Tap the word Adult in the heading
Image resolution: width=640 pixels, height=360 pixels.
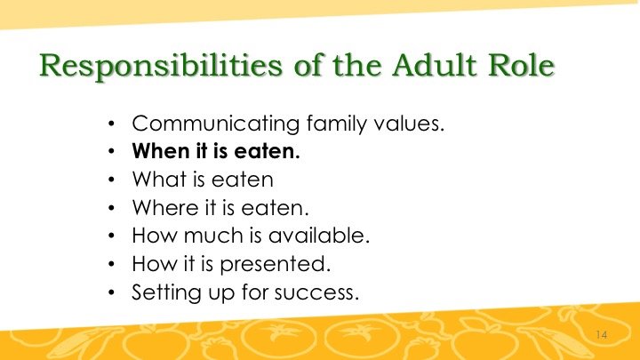(x=435, y=65)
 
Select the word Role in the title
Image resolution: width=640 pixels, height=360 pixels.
(x=521, y=65)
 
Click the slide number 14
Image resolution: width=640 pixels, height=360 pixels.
(x=602, y=335)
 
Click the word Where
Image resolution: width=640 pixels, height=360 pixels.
(x=165, y=207)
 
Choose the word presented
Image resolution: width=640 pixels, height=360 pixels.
(x=275, y=265)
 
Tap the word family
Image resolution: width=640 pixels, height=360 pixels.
(x=337, y=124)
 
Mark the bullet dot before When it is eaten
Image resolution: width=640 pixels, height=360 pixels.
(x=112, y=152)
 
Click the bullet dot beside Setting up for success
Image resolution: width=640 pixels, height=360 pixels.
(x=112, y=292)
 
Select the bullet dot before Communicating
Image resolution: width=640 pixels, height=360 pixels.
(x=112, y=124)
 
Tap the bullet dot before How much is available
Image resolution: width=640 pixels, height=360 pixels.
(x=112, y=236)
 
